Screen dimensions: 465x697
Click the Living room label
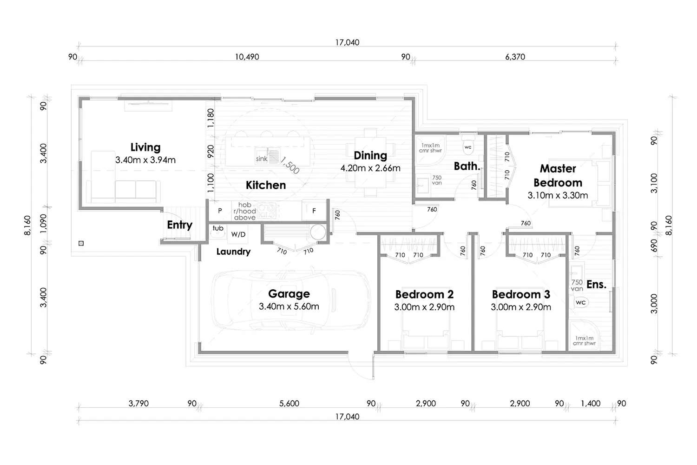145,147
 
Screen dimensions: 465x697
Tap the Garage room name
289,294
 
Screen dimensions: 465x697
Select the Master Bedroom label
558,175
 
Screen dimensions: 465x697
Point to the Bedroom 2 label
424,294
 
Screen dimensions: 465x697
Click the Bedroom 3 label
521,294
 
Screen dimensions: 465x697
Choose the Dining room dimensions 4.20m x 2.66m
370,168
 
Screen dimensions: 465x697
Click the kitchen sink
273,156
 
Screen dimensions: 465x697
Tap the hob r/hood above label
244,211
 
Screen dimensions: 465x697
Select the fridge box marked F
314,211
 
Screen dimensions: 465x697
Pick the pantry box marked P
220,211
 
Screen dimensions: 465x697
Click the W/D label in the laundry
238,234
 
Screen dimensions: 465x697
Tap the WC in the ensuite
580,302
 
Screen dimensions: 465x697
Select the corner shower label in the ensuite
584,341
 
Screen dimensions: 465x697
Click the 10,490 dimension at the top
247,57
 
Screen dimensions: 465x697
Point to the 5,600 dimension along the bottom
289,404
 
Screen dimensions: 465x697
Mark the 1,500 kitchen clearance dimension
290,165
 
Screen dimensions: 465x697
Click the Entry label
179,225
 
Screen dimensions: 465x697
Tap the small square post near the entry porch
81,243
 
